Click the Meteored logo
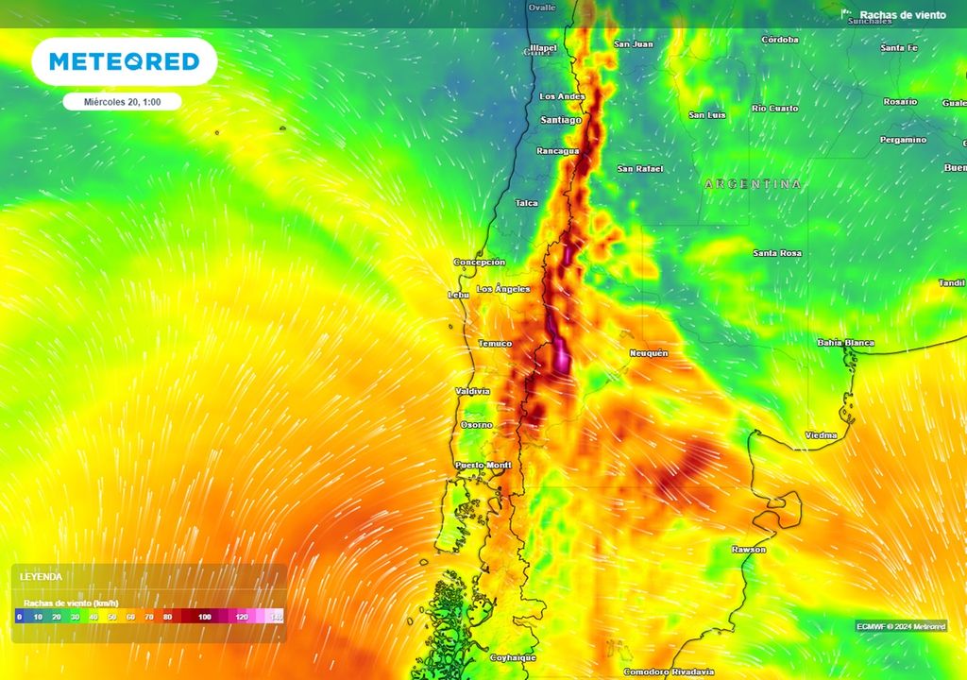click(x=124, y=62)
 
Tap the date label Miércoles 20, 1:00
click(x=122, y=102)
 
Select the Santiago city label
click(x=561, y=120)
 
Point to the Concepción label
click(x=480, y=262)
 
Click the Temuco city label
click(x=495, y=343)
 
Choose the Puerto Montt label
click(x=483, y=465)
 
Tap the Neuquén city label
click(x=649, y=352)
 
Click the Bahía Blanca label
click(x=845, y=343)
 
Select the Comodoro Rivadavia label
click(x=669, y=671)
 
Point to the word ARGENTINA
click(x=753, y=184)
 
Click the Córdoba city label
click(x=780, y=40)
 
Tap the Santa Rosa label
click(x=777, y=253)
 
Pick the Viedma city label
click(x=821, y=434)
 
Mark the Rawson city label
click(x=749, y=549)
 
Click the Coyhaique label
click(x=514, y=656)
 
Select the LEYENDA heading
click(x=42, y=575)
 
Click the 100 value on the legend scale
click(x=205, y=616)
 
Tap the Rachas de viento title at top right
click(x=902, y=15)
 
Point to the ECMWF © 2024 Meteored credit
click(x=901, y=626)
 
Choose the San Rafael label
click(x=640, y=168)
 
